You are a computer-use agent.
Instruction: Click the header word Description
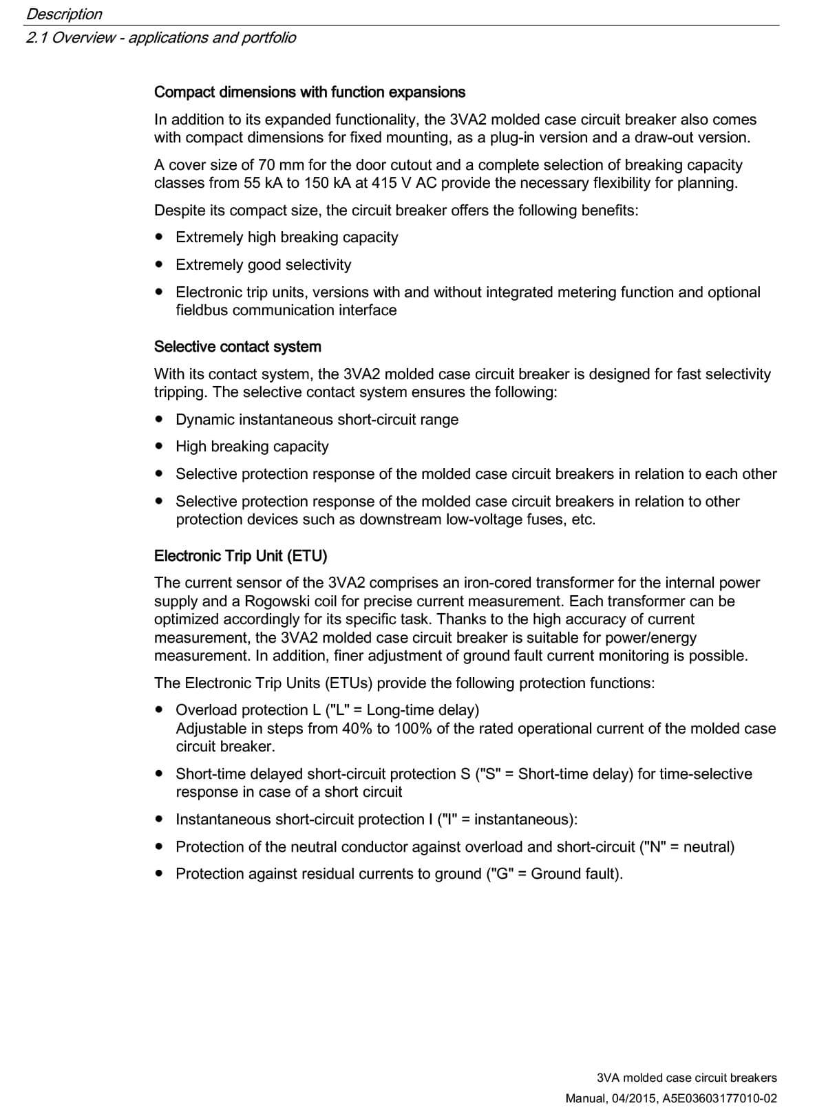tap(64, 14)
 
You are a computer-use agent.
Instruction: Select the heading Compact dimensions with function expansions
tap(309, 92)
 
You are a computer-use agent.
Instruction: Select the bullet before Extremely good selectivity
tap(160, 264)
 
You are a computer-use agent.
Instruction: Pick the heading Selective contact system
tap(237, 347)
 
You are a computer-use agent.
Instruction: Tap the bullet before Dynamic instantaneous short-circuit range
tap(160, 419)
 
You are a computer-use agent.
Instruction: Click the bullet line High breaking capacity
tap(252, 447)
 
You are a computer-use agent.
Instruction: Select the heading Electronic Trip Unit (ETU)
tap(240, 556)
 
